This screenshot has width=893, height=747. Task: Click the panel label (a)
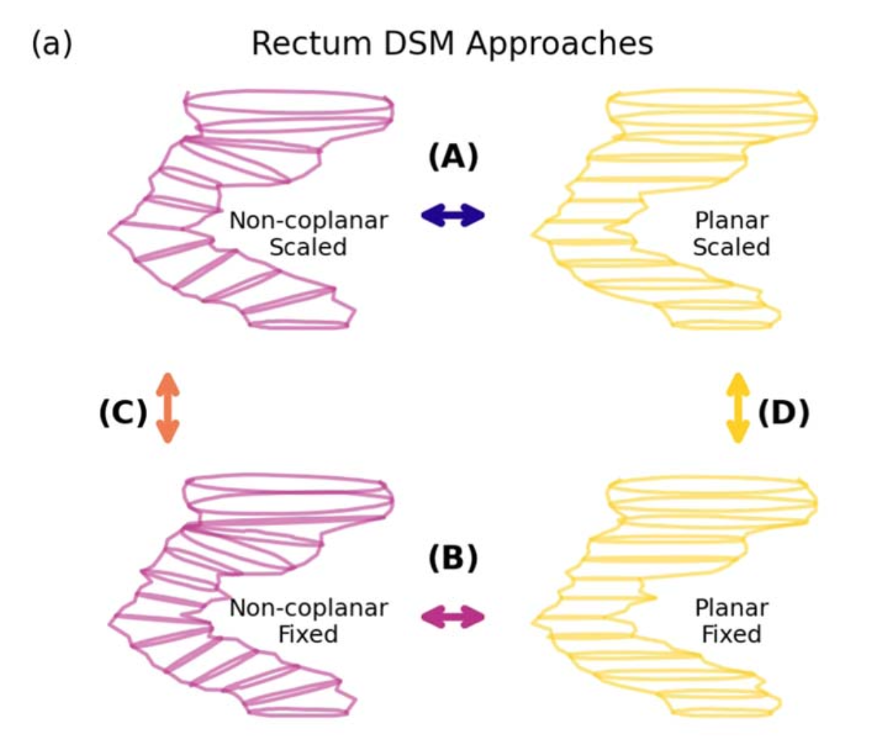[x=52, y=44]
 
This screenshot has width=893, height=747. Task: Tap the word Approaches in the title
[x=560, y=44]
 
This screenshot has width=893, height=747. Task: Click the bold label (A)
[x=453, y=156]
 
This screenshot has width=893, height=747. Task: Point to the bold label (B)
[x=453, y=558]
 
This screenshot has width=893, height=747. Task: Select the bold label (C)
[x=123, y=413]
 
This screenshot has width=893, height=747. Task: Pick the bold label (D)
[x=784, y=413]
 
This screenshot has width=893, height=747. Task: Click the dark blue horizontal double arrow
[x=453, y=215]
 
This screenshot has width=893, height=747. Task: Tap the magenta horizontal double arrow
[x=453, y=616]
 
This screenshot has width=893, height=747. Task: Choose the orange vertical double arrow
[x=167, y=407]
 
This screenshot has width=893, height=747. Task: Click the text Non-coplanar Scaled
[x=309, y=233]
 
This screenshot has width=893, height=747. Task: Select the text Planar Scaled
[x=731, y=233]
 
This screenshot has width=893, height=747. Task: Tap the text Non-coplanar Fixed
[x=309, y=621]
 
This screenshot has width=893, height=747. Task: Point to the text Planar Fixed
[x=731, y=621]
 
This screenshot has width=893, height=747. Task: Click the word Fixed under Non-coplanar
[x=308, y=634]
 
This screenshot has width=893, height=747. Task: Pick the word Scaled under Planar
[x=731, y=247]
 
